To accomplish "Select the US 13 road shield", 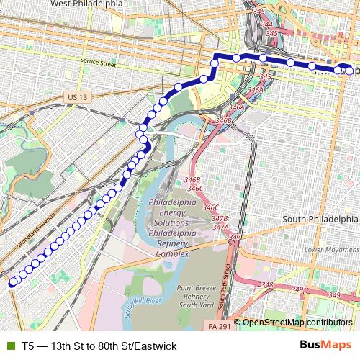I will coord(73,96).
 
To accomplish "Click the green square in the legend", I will coord(9,346).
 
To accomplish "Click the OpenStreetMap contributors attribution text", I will coord(297,323).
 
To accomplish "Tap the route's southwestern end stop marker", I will coord(12,283).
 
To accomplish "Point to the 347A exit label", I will coord(220,227).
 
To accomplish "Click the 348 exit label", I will coord(267,285).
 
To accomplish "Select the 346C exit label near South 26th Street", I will coord(210,207).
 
